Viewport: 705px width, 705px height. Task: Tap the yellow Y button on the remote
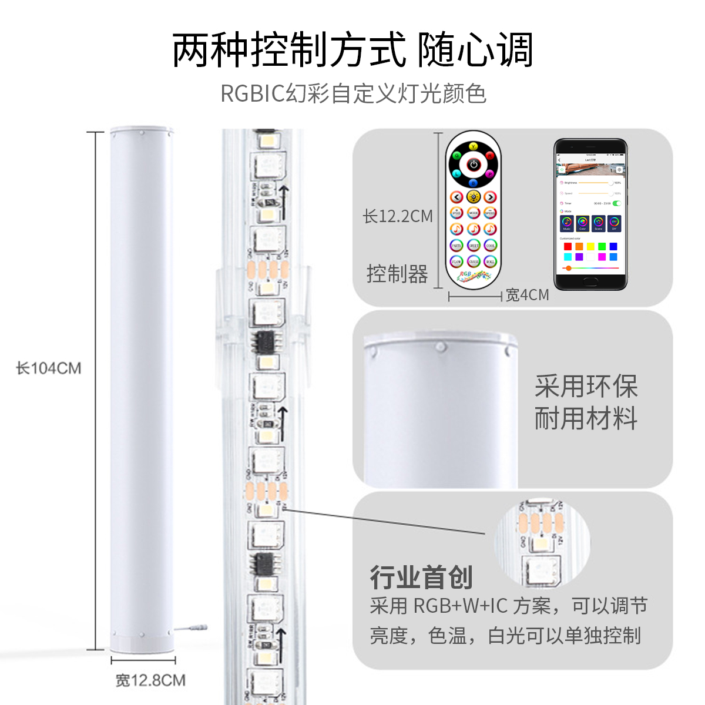pyautogui.click(x=474, y=146)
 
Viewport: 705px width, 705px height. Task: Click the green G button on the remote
pyautogui.click(x=457, y=156)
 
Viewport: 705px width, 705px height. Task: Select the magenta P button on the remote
pyautogui.click(x=490, y=174)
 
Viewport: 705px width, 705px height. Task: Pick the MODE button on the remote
pyautogui.click(x=474, y=213)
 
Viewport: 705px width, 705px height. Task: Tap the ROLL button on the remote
pyautogui.click(x=491, y=261)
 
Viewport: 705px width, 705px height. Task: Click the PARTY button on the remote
pyautogui.click(x=456, y=246)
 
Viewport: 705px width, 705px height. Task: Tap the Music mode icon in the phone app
pyautogui.click(x=567, y=223)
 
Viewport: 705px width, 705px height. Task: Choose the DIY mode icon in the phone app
pyautogui.click(x=614, y=223)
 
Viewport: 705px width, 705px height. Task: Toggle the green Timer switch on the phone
pyautogui.click(x=616, y=203)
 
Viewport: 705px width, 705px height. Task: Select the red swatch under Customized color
pyautogui.click(x=568, y=247)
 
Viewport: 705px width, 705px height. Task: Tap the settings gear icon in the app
pyautogui.click(x=619, y=169)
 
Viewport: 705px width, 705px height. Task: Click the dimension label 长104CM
pyautogui.click(x=49, y=368)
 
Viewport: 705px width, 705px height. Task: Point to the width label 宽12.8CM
pyautogui.click(x=150, y=680)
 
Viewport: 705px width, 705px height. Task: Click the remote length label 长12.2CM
pyautogui.click(x=398, y=216)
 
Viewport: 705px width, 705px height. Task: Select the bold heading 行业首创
pyautogui.click(x=421, y=578)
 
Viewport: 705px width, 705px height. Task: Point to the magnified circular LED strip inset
pyautogui.click(x=542, y=543)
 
